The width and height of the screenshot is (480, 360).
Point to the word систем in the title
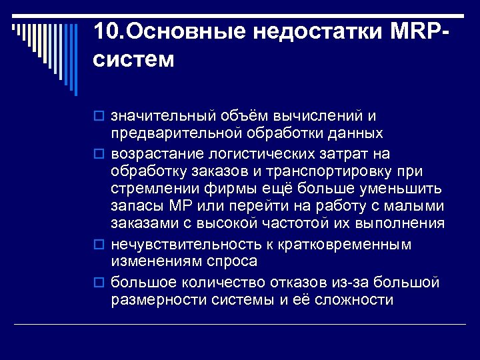pos(133,60)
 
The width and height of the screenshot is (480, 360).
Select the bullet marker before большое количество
pos(100,283)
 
